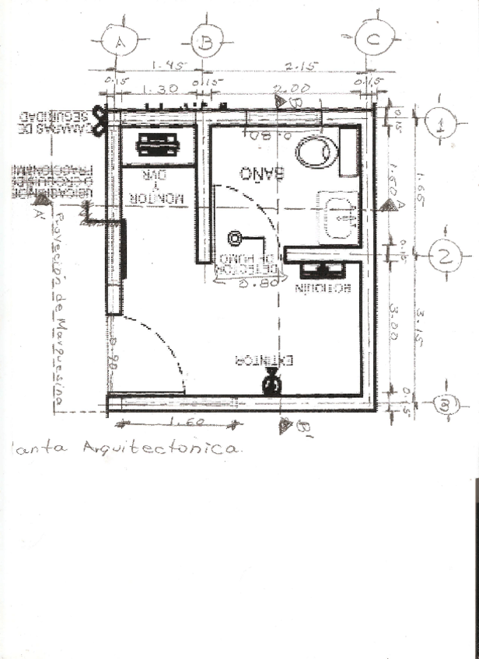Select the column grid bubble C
pyautogui.click(x=374, y=39)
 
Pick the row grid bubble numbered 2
pyautogui.click(x=445, y=256)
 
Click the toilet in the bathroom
pyautogui.click(x=317, y=152)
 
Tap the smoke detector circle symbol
pyautogui.click(x=234, y=239)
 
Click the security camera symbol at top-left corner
pyautogui.click(x=99, y=120)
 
